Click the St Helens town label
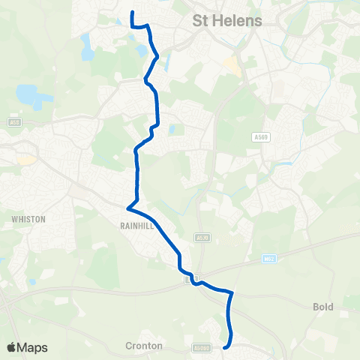pos(227,20)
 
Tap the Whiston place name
pos(28,219)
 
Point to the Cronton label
pos(142,346)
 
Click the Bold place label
pos(322,307)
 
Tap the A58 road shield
pos(13,121)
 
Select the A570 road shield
pos(199,238)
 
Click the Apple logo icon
pos(11,347)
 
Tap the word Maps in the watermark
pos(33,347)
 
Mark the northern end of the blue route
pos(132,12)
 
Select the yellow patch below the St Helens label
pos(235,66)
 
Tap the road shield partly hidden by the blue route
pos(190,279)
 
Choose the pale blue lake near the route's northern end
pos(87,46)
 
